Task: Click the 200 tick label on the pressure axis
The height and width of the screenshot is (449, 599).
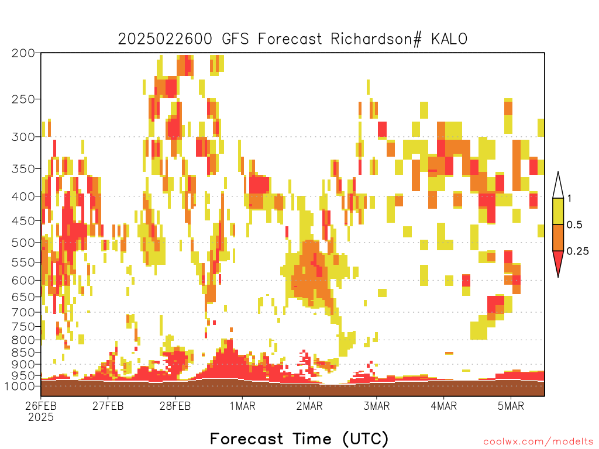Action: pyautogui.click(x=23, y=53)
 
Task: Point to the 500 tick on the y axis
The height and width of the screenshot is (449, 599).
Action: pyautogui.click(x=23, y=243)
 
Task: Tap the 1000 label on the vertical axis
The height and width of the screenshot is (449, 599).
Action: pyautogui.click(x=20, y=386)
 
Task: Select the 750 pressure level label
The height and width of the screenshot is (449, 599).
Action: pyautogui.click(x=23, y=326)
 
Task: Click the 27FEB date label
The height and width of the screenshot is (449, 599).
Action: pyautogui.click(x=108, y=406)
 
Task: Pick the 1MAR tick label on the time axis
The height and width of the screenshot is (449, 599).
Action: pyautogui.click(x=242, y=406)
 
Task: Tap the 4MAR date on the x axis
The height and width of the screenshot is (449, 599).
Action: pyautogui.click(x=443, y=406)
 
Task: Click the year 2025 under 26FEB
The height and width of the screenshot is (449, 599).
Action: pyautogui.click(x=41, y=417)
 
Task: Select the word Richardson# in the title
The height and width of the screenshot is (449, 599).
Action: pyautogui.click(x=376, y=39)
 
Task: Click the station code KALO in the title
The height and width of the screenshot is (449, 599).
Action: pyautogui.click(x=449, y=39)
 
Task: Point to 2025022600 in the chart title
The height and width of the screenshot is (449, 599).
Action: pyautogui.click(x=165, y=39)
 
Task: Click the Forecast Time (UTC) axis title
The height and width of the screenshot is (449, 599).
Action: pyautogui.click(x=299, y=438)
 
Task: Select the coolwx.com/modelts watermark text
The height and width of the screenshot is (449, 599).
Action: pyautogui.click(x=538, y=442)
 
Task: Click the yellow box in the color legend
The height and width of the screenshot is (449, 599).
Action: pyautogui.click(x=558, y=211)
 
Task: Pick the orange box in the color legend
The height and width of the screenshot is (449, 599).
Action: pyautogui.click(x=558, y=237)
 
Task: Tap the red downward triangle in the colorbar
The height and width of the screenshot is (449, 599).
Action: pyautogui.click(x=558, y=261)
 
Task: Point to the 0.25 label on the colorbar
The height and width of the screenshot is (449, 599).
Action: pyautogui.click(x=577, y=251)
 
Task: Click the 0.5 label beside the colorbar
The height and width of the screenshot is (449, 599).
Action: pyautogui.click(x=574, y=224)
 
